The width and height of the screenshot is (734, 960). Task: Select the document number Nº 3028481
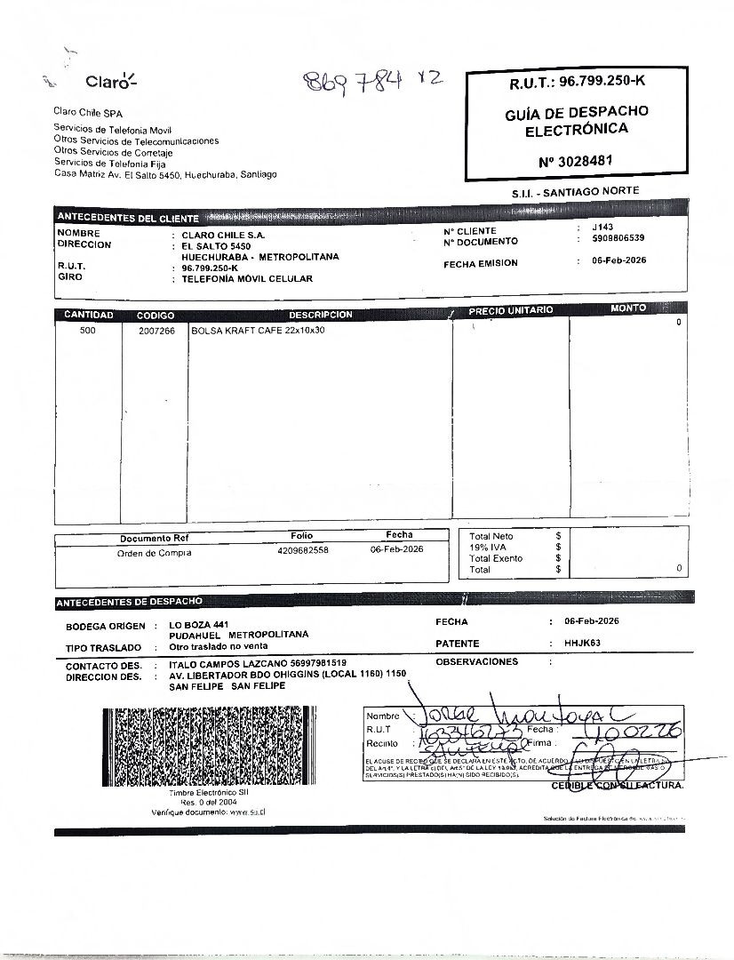tap(576, 161)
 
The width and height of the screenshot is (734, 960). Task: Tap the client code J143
tap(602, 228)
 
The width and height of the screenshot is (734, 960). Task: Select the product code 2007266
tap(156, 331)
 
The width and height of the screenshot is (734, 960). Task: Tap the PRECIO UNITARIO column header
tap(510, 310)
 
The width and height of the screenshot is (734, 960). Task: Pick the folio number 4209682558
tap(303, 550)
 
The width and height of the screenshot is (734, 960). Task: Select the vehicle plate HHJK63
tap(583, 643)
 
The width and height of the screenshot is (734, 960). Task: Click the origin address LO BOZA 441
tap(200, 625)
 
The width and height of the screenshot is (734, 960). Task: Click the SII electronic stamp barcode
tap(208, 746)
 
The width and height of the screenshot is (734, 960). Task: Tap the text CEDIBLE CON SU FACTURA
tap(618, 786)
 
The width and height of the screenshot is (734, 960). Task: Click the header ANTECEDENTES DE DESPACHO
tap(130, 603)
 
